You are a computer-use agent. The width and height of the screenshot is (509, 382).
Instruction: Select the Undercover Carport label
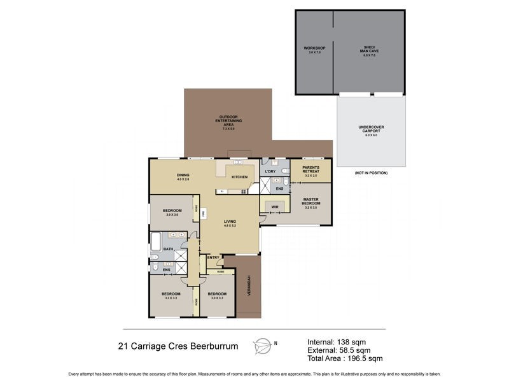[371, 131]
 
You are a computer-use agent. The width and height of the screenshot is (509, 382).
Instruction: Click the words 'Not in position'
[371, 173]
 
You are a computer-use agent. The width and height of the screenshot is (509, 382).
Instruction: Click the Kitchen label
[239, 176]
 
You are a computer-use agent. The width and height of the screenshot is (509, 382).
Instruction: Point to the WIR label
[275, 207]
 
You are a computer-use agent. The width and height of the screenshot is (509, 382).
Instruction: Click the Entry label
[213, 257]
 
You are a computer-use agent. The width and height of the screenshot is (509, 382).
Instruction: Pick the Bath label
[168, 249]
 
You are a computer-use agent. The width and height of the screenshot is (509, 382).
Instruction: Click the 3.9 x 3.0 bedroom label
[172, 212]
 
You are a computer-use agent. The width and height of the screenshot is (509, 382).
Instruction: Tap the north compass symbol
[262, 345]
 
